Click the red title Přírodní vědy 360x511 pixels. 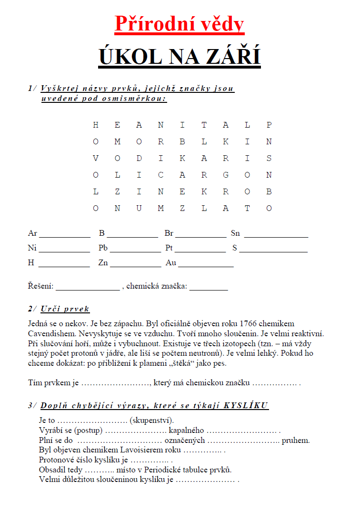(x=180, y=24)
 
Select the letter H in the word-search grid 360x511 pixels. (x=96, y=125)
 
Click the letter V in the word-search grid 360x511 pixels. (x=96, y=159)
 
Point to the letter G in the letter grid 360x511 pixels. (x=226, y=175)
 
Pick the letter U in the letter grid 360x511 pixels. (x=139, y=209)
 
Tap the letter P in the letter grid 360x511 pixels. (x=269, y=125)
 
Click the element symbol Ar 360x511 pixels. (x=32, y=233)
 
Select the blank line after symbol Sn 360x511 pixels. (x=276, y=234)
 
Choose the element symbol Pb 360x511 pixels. (x=103, y=248)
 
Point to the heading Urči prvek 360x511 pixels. (x=65, y=309)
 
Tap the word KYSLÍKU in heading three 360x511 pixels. (x=246, y=406)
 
